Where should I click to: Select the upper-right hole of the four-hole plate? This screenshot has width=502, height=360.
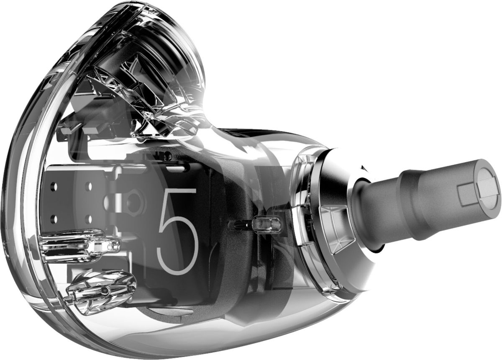click(90, 186)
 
